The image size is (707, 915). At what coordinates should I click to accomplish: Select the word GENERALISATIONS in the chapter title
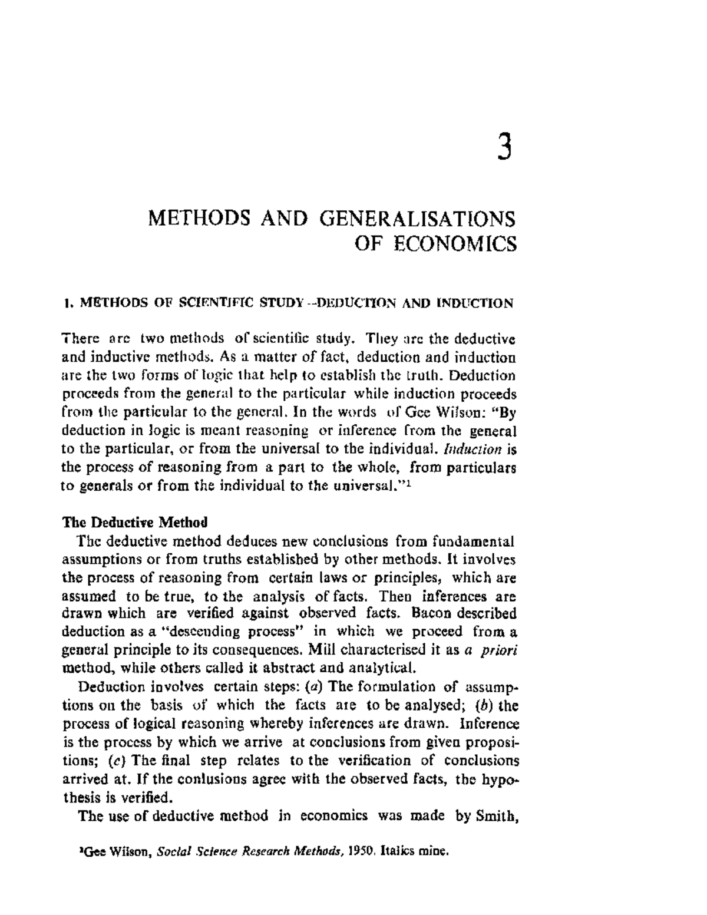point(417,219)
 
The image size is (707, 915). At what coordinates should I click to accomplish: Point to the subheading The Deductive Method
point(135,522)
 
